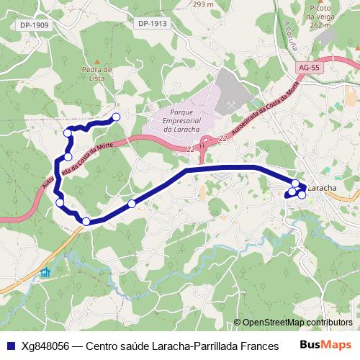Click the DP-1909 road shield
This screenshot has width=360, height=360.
pos(34,24)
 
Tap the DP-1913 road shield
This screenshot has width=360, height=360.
pos(152,23)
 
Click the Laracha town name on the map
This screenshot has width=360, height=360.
pos(323,188)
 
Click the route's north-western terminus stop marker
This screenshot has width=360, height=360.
pos(116,117)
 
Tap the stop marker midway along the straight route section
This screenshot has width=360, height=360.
pos(132,204)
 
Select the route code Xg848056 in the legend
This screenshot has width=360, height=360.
pos(45,346)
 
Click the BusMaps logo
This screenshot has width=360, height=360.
pos(325,346)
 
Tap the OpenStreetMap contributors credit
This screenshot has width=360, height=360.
pos(297,323)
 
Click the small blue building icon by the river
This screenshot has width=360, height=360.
pos(46,272)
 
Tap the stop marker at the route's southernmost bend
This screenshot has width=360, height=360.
pos(86,221)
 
